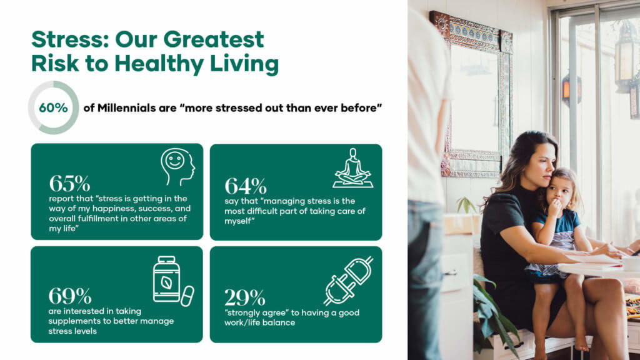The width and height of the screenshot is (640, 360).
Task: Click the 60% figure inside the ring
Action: (53, 107)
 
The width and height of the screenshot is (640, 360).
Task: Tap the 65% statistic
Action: (69, 184)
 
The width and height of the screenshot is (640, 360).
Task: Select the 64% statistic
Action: (245, 186)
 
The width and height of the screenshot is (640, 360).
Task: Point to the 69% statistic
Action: (70, 296)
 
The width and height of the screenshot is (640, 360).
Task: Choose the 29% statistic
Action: (245, 298)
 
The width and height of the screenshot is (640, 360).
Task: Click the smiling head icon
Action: (177, 166)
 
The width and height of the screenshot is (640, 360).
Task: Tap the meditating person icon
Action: (352, 168)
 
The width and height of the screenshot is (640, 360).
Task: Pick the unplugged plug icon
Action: (348, 280)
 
